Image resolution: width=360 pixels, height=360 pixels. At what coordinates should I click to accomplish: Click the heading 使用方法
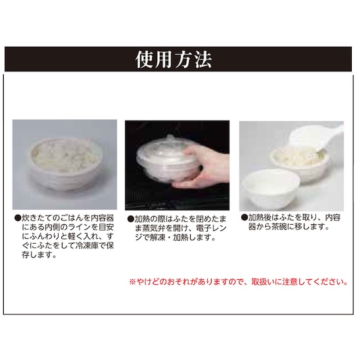tap(174, 59)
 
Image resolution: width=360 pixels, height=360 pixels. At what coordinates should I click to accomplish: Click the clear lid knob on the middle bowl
tap(170, 138)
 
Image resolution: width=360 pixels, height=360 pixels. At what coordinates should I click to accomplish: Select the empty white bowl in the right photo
tap(272, 188)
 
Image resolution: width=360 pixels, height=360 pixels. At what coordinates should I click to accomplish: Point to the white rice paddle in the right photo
tap(317, 138)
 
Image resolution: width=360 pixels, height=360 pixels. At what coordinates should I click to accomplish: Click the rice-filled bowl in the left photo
tap(66, 164)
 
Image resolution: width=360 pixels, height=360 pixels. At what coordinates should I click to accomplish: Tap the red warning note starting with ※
tap(239, 282)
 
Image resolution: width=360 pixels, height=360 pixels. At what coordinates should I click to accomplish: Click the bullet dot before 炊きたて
tap(18, 218)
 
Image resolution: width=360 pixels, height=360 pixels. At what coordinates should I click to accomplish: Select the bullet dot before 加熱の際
tap(131, 219)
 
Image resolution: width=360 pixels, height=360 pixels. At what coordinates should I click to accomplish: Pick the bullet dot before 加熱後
tap(244, 217)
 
